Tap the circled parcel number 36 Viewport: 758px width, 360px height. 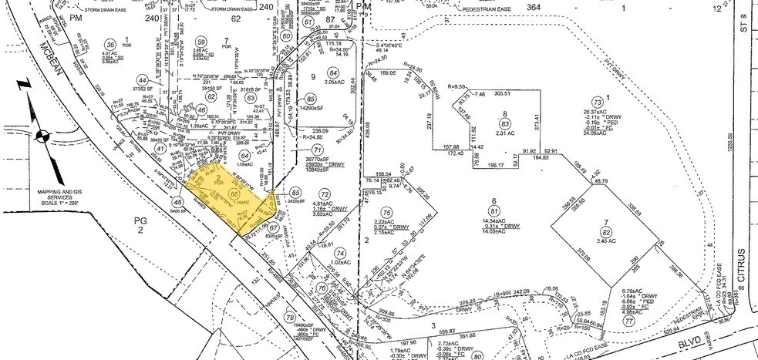110,45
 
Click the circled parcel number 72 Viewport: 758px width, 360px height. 325,193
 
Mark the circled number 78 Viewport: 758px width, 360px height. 290,318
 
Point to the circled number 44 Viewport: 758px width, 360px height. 142,79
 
